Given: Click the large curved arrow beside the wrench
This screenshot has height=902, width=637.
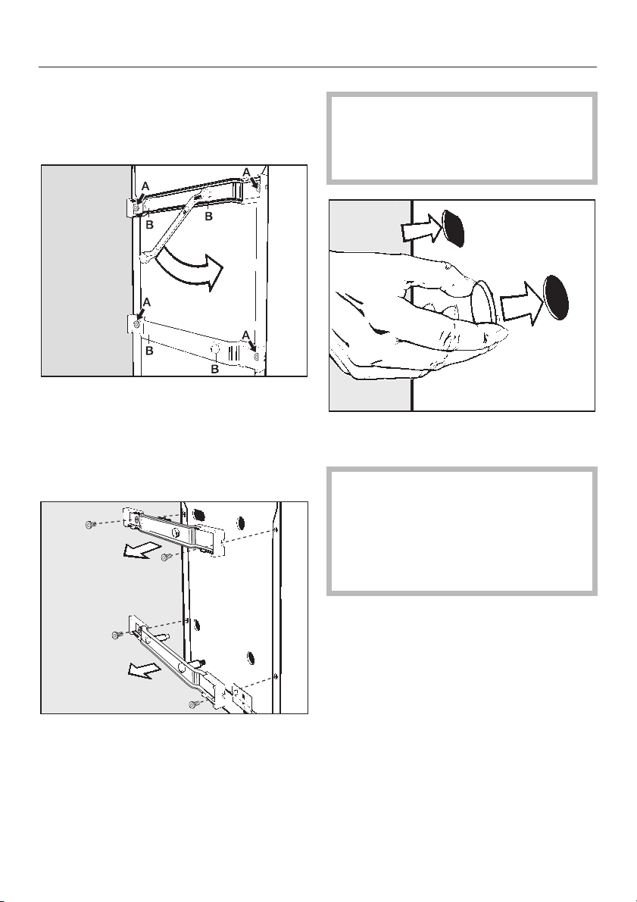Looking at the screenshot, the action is [x=190, y=269].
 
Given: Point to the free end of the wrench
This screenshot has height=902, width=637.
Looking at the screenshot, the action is [x=145, y=260].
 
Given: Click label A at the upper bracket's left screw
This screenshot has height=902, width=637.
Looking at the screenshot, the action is [x=145, y=187].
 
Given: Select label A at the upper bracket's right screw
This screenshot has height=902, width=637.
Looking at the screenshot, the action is [x=246, y=172].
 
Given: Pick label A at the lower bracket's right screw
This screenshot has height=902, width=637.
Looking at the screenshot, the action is [x=246, y=335].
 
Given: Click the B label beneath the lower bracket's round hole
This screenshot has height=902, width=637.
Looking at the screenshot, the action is [x=214, y=370].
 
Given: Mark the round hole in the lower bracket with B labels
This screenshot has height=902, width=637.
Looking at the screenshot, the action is [x=214, y=348].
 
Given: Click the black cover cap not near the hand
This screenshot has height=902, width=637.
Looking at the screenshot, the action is [x=454, y=228].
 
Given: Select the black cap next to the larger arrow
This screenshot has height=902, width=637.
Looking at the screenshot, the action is [x=556, y=298].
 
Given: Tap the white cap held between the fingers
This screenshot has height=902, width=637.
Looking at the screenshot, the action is [x=482, y=302].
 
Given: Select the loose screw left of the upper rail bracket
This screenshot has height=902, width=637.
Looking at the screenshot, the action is [x=90, y=525].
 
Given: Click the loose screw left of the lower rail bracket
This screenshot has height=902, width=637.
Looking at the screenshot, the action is [x=117, y=635].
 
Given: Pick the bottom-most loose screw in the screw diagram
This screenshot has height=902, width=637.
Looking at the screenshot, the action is [x=195, y=704].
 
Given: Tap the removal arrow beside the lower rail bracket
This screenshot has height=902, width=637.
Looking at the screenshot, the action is [x=144, y=669].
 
